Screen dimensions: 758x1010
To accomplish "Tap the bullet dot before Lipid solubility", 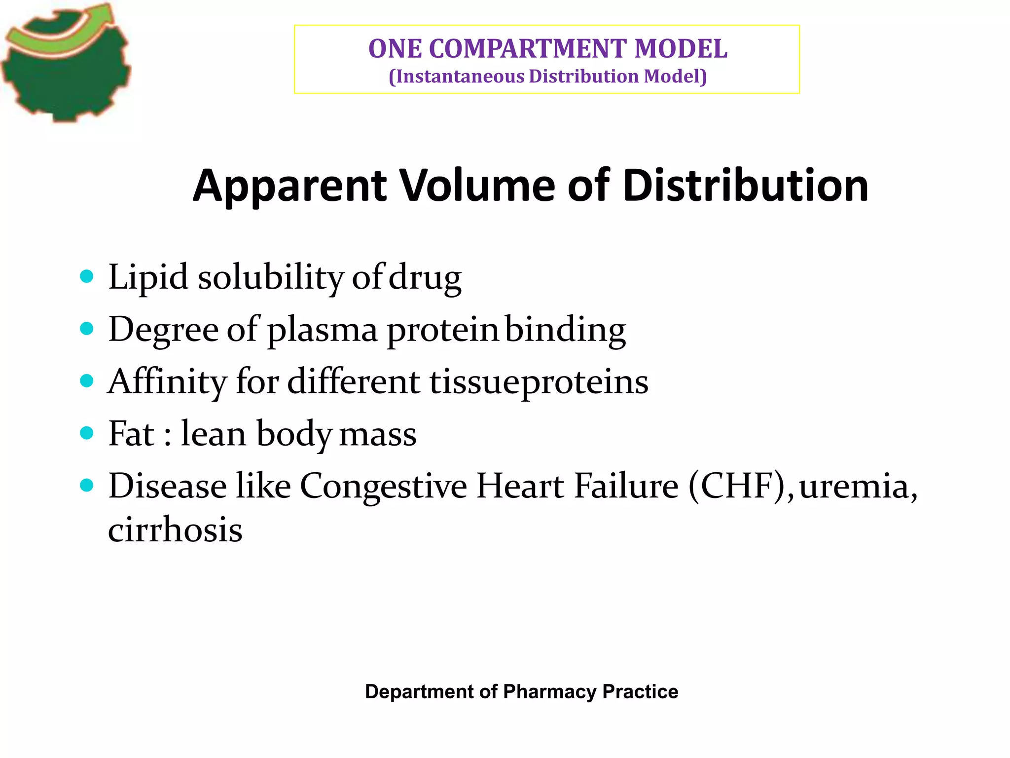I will tap(87, 276).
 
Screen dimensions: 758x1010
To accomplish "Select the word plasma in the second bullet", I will tap(323, 330).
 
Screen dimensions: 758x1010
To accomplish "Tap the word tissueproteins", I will tap(539, 382).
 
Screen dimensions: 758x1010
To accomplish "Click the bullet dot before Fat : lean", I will tap(87, 433).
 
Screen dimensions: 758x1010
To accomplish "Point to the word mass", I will tap(378, 434).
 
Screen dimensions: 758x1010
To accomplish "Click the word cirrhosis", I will tap(175, 530).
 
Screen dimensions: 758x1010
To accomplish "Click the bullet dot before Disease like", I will tap(87, 485).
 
